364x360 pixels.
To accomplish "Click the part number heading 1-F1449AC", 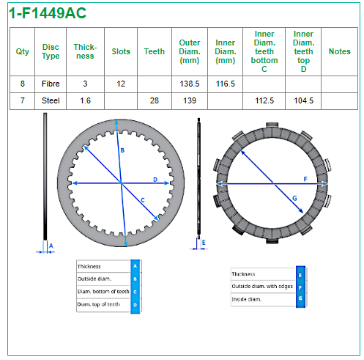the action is (x=48, y=13).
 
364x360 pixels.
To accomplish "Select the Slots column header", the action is (x=121, y=51).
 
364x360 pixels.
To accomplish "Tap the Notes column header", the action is (x=339, y=51).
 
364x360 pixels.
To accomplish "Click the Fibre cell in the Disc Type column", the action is (x=51, y=84).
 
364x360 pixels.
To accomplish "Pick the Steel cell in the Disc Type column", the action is (x=51, y=100).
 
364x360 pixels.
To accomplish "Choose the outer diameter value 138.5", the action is (x=190, y=84).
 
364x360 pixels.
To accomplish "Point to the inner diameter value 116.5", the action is (x=225, y=84).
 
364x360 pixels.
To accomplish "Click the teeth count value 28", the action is (x=155, y=100).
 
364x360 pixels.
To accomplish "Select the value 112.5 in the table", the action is (x=264, y=100).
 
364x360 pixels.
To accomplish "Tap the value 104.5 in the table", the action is (x=303, y=100).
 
